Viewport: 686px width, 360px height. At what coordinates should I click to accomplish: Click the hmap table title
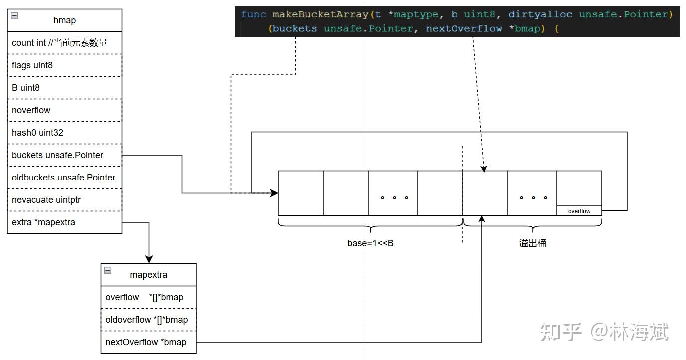(x=64, y=20)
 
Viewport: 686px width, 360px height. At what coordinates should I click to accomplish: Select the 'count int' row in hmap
(x=59, y=43)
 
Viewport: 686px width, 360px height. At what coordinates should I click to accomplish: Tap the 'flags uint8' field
(x=32, y=65)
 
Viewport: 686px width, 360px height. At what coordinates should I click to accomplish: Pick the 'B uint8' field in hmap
(x=26, y=88)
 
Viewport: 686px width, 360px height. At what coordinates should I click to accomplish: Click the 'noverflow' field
(x=31, y=110)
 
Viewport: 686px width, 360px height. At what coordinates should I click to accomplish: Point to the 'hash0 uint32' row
(x=37, y=133)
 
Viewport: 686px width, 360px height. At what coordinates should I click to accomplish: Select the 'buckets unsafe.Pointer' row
(x=57, y=155)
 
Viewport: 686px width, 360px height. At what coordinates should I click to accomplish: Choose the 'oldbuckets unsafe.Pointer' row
(x=63, y=178)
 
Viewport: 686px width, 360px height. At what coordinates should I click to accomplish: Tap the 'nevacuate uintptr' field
(x=46, y=200)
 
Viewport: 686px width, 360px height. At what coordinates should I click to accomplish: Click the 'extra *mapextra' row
(x=43, y=222)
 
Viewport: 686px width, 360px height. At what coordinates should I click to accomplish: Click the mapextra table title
(x=148, y=275)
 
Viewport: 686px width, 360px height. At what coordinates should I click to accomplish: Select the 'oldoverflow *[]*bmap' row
(x=147, y=320)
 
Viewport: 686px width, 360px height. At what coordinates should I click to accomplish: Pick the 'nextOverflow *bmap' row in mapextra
(x=146, y=342)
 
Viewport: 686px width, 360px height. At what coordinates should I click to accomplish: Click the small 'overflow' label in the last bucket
(x=579, y=211)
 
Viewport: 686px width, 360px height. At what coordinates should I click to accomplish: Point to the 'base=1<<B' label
(x=370, y=243)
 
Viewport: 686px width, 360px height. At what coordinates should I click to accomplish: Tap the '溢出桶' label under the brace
(x=532, y=243)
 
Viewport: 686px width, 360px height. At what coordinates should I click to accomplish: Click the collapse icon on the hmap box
(x=14, y=16)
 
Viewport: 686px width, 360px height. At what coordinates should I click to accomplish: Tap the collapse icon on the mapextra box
(x=108, y=270)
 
